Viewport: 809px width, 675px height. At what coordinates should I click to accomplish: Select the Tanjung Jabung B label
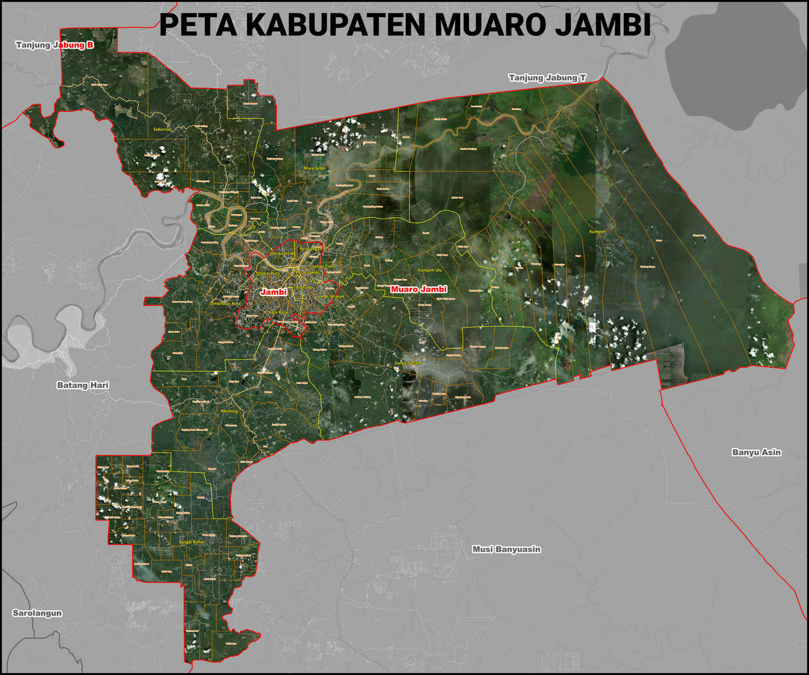click(x=54, y=45)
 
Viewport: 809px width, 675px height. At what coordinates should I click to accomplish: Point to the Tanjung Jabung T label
click(x=547, y=78)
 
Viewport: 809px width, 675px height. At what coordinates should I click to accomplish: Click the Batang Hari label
click(x=83, y=385)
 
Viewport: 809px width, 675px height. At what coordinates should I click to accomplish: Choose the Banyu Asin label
click(x=756, y=452)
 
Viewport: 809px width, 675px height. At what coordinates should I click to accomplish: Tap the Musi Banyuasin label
click(x=506, y=549)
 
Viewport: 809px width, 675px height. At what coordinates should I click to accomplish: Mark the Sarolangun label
click(x=37, y=613)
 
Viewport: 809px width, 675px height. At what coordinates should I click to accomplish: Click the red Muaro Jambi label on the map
click(x=418, y=289)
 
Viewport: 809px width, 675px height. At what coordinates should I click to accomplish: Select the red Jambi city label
click(x=274, y=292)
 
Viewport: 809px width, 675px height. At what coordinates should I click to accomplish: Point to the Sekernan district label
click(x=162, y=129)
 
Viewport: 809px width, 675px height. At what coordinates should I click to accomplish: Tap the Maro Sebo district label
click(x=314, y=168)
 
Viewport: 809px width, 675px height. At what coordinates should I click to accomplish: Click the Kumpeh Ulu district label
click(x=430, y=270)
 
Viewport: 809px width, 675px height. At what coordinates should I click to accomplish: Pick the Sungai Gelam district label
click(x=408, y=362)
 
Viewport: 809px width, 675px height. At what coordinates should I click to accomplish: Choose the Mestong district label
click(x=229, y=411)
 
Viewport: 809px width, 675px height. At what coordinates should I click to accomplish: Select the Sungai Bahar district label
click(x=192, y=542)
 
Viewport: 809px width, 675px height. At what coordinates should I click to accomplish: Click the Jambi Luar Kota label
click(x=225, y=304)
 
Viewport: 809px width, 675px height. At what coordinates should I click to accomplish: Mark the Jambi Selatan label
click(x=331, y=296)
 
